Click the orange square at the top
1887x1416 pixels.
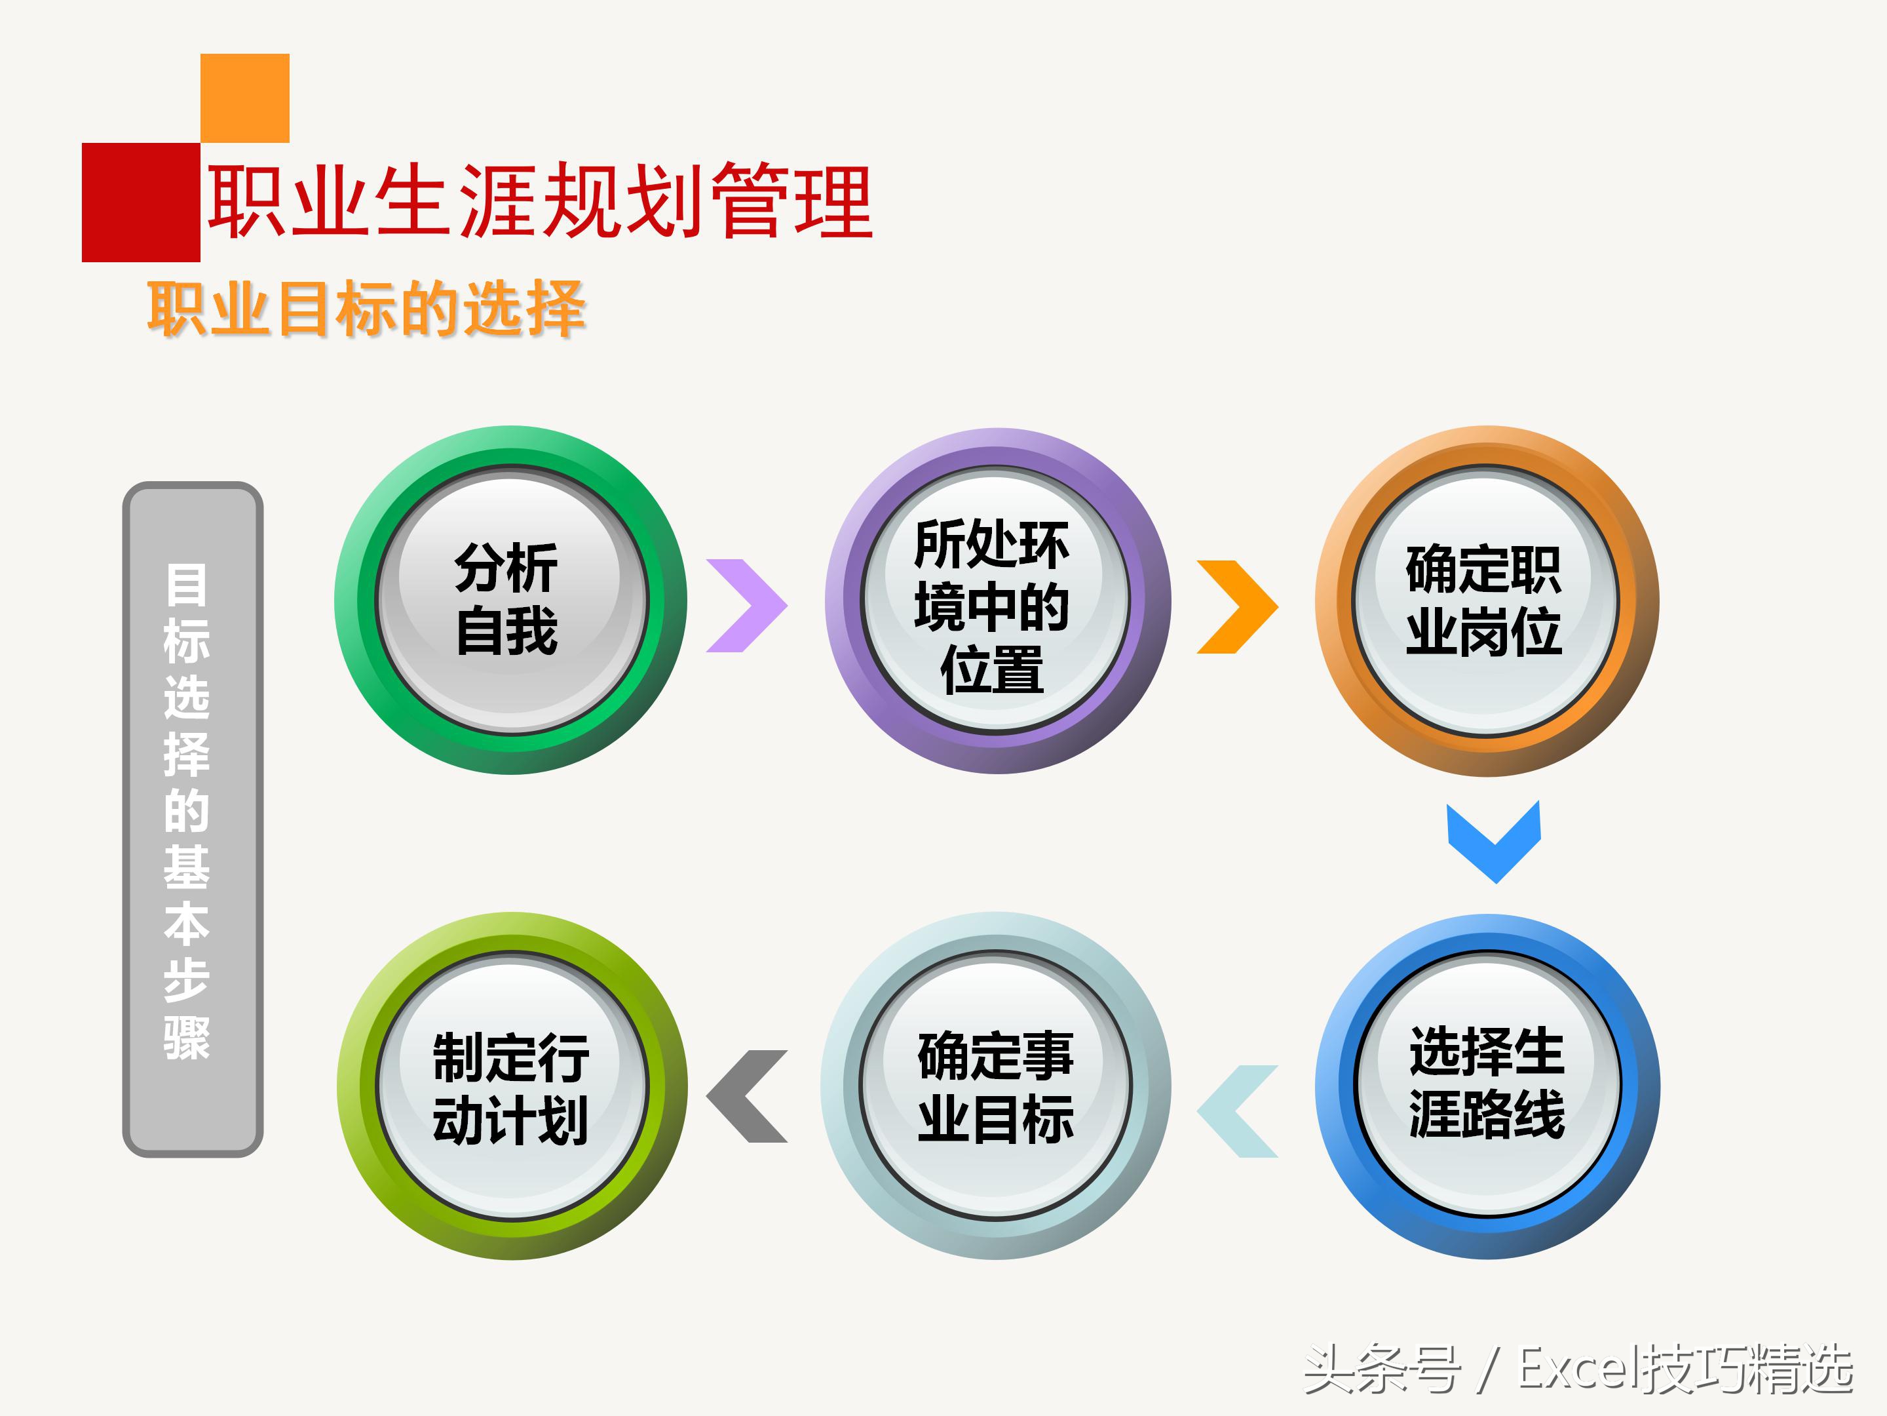tap(245, 97)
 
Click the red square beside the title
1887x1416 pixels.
tap(141, 203)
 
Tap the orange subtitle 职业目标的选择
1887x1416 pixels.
tap(367, 308)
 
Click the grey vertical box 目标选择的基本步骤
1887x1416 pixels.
tap(193, 819)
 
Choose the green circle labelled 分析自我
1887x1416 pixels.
tap(510, 600)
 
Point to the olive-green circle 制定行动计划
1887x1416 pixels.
tap(511, 1086)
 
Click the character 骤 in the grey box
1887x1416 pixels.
tap(187, 1038)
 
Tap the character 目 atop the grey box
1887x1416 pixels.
tap(187, 585)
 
